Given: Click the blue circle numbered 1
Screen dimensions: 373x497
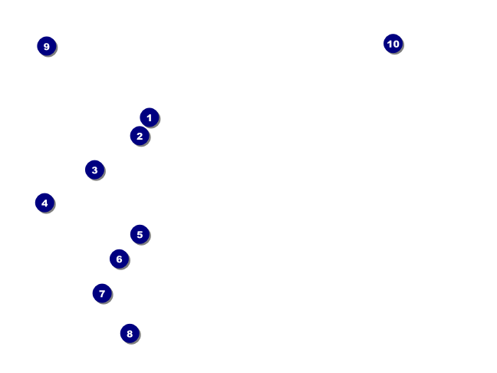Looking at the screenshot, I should (150, 117).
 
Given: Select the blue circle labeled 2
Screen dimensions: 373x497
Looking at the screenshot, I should (139, 136).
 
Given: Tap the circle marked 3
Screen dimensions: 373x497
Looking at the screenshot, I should (94, 170).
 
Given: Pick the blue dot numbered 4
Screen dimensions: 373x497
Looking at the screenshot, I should (44, 203).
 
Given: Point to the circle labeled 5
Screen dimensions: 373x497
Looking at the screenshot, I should (140, 234).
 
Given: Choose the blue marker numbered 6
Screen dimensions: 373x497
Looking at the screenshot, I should (119, 259).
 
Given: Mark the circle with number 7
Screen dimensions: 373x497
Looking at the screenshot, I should (102, 293).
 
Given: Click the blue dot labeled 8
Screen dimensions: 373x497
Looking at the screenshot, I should (130, 333).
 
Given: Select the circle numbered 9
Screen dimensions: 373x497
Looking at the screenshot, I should (47, 46).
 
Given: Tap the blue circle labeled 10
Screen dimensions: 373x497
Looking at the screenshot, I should (393, 44).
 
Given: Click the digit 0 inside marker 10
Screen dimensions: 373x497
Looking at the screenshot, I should (396, 44).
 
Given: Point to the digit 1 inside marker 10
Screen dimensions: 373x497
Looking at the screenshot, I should (389, 44).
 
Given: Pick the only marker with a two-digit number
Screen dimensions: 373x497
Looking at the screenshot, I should (393, 44).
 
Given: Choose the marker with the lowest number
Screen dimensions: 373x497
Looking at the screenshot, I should (150, 117).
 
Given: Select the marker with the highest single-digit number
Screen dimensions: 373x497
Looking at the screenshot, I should (47, 46).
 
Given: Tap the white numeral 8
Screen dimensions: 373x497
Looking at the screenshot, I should (130, 333).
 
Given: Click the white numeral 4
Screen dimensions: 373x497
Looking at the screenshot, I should (44, 203).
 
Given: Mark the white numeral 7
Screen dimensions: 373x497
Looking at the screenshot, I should (102, 293).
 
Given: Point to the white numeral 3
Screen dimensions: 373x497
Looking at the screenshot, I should (94, 170).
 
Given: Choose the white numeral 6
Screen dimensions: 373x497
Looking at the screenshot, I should (119, 259).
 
